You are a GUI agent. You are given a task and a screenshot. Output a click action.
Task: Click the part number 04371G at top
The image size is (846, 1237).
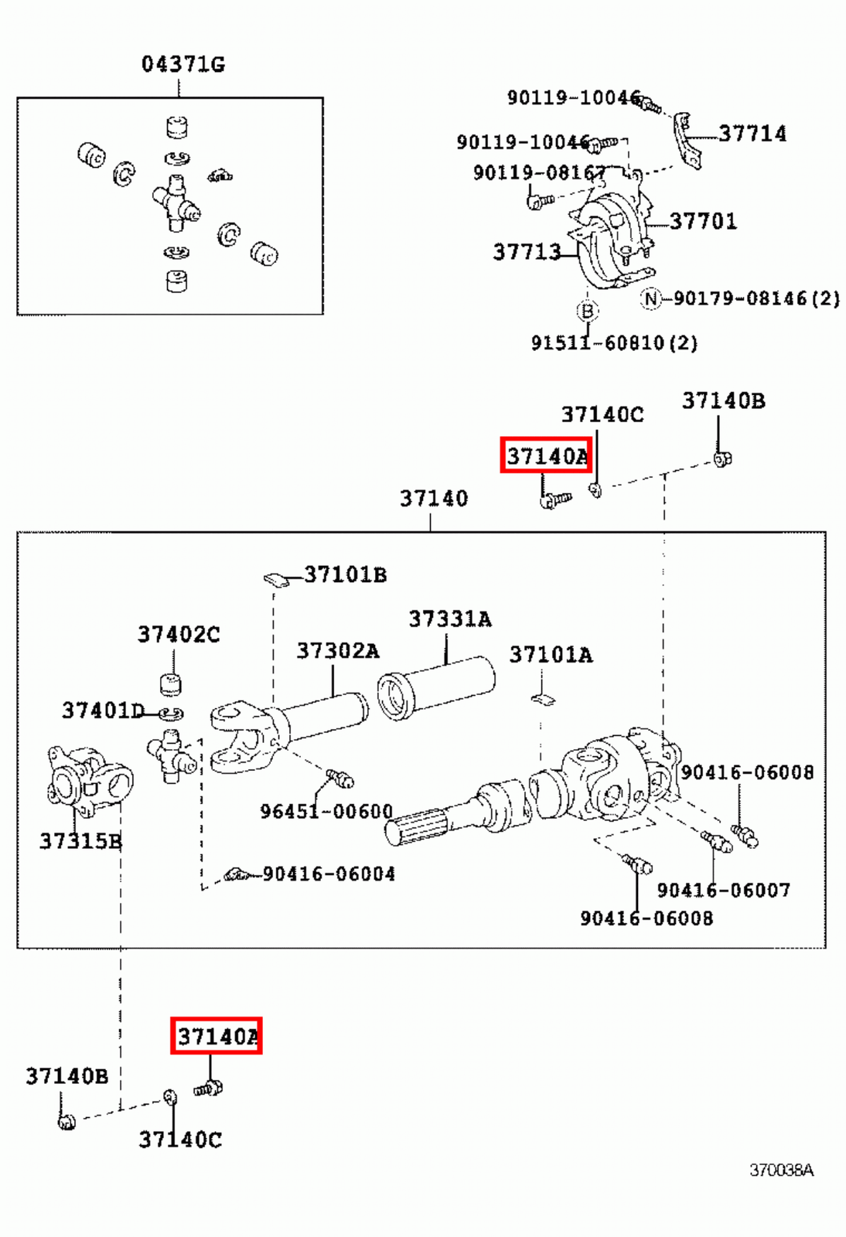(x=183, y=64)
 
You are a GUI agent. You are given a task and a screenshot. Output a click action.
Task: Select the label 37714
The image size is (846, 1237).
(x=752, y=134)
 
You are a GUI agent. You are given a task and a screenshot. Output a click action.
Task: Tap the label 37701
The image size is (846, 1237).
(x=703, y=222)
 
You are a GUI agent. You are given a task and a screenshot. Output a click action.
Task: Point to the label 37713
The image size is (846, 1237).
(x=527, y=252)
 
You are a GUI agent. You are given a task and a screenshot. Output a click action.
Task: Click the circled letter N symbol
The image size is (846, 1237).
(x=651, y=298)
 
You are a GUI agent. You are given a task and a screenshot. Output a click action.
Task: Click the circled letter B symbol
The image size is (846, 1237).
(x=588, y=311)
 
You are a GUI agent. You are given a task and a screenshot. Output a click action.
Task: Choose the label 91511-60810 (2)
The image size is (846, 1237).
(x=614, y=342)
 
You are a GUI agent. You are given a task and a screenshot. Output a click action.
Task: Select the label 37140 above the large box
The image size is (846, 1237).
(x=433, y=499)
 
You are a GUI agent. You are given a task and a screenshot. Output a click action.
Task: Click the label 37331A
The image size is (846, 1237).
(x=450, y=619)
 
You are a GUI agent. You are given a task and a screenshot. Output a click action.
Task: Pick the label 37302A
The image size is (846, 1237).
(x=338, y=651)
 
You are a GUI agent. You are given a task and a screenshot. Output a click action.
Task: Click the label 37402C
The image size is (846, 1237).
(x=179, y=635)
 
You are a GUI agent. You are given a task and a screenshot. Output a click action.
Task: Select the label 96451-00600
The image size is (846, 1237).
(x=326, y=812)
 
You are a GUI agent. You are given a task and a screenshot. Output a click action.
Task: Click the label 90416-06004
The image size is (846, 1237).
(x=329, y=874)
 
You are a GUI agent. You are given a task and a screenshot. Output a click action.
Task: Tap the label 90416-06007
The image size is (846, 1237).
(x=723, y=891)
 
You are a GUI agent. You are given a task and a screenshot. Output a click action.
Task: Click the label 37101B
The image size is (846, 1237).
(x=345, y=575)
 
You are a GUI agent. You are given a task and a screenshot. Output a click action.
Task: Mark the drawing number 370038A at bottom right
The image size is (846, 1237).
(x=781, y=1171)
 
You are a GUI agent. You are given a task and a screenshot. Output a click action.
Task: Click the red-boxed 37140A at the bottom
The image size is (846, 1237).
(x=217, y=1036)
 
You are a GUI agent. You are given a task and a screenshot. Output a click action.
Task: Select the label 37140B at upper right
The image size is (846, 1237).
(x=723, y=401)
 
